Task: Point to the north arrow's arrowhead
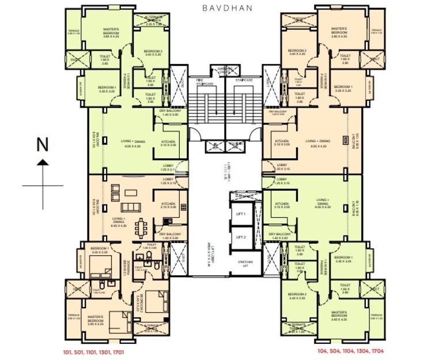tap(42, 164)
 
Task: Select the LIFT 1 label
tap(240, 214)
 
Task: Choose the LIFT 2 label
tap(240, 236)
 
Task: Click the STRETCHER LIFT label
tap(245, 264)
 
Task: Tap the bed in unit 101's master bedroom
tap(120, 318)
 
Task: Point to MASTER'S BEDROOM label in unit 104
tap(339, 314)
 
